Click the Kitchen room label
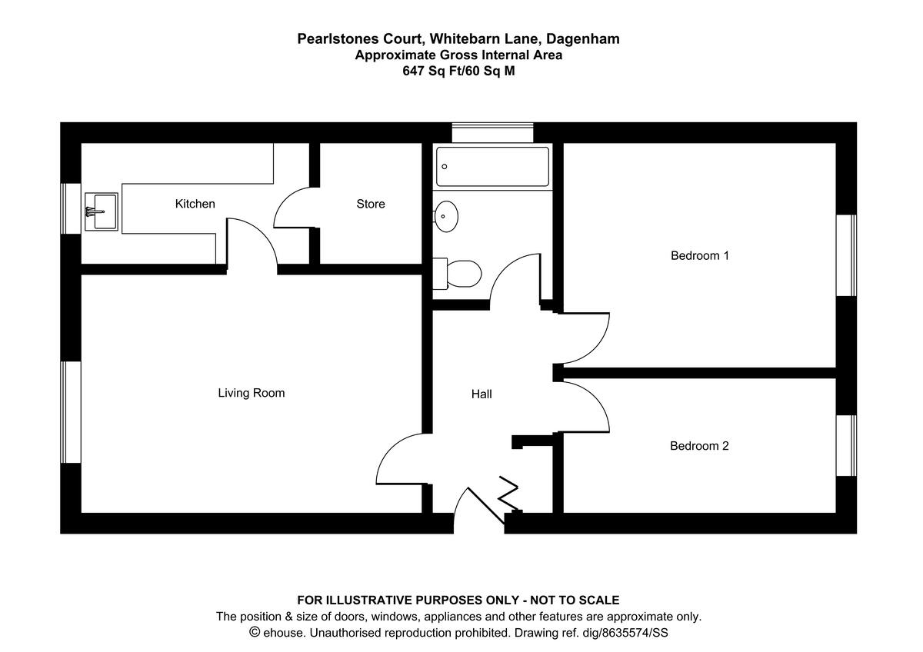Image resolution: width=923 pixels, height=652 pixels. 195,204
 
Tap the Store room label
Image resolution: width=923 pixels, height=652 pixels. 370,204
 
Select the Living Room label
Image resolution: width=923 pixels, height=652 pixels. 252,393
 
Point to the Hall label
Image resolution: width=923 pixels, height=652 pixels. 481,394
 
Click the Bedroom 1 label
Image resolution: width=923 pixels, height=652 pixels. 700,255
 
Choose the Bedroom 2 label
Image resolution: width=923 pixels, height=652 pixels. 699,445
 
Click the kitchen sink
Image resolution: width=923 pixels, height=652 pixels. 101,211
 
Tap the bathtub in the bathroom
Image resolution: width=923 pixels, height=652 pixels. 493,167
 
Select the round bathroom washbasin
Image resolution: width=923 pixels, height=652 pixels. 446,216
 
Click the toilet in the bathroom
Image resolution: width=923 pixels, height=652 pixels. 458,272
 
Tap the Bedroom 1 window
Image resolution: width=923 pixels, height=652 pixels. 846,255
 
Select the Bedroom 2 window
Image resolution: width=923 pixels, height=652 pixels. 846,445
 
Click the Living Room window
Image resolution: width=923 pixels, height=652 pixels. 72,412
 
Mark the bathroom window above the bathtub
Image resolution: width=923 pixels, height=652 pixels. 492,132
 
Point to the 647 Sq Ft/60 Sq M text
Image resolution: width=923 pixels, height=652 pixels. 458,72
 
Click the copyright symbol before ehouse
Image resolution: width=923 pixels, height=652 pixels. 255,633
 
